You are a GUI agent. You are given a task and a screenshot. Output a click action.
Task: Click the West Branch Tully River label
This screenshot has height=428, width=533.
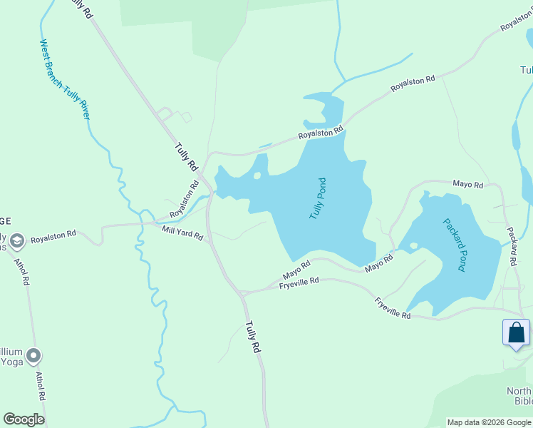(x=65, y=78)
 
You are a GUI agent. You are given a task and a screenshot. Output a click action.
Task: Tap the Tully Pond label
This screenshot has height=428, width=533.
(x=317, y=198)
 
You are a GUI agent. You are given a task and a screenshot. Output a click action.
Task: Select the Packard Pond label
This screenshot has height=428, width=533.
(x=453, y=245)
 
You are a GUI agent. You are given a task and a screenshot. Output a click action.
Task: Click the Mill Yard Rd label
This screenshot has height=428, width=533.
(x=182, y=232)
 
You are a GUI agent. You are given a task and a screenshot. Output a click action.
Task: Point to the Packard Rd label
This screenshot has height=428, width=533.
(x=512, y=247)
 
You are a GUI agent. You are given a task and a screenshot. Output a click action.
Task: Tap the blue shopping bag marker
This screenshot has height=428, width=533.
(x=516, y=333)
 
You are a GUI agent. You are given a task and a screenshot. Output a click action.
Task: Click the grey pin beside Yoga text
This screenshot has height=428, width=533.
(x=33, y=355)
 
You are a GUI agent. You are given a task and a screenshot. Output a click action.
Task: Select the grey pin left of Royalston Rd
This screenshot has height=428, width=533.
(x=17, y=240)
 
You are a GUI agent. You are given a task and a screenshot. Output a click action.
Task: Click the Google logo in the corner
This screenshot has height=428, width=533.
(x=24, y=419)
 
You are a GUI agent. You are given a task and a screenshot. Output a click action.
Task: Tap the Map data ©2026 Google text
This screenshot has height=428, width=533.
(x=489, y=422)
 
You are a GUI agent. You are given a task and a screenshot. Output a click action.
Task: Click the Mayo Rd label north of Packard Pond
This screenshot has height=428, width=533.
(x=468, y=185)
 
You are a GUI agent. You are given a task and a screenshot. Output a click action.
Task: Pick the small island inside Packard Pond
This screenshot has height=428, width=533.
(x=413, y=246)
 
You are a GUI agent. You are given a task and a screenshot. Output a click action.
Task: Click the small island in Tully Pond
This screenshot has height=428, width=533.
(x=257, y=175)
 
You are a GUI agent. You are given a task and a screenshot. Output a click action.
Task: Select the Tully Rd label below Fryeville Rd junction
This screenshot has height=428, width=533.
(x=252, y=337)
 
